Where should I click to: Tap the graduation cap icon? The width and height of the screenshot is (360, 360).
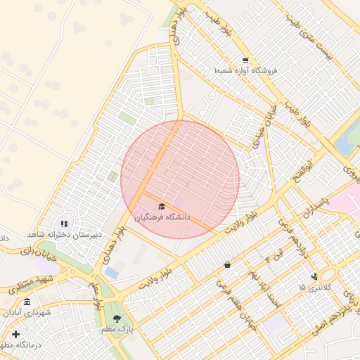point(162,206)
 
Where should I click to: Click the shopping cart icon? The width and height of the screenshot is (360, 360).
point(245,60)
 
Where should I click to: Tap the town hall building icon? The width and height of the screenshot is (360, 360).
point(27,302)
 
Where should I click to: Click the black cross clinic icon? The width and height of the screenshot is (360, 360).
point(15,334)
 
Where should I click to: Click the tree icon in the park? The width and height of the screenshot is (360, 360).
point(117,319)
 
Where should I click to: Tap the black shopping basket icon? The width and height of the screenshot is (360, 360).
point(227,265)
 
